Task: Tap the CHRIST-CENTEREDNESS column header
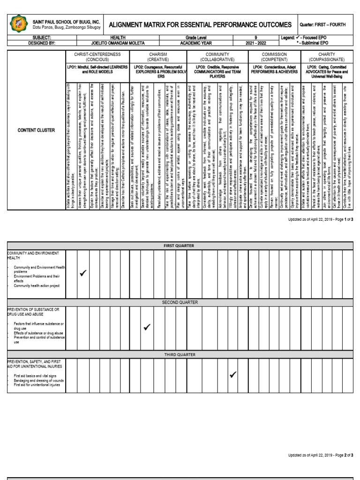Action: [x=97, y=57]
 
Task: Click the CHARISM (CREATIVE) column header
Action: [x=158, y=57]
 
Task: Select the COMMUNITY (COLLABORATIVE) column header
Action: [x=217, y=57]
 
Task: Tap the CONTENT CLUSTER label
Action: [x=36, y=130]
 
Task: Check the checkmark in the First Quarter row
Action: [x=83, y=273]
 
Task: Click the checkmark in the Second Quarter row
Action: [x=147, y=327]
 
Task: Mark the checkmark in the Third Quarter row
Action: [x=233, y=374]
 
